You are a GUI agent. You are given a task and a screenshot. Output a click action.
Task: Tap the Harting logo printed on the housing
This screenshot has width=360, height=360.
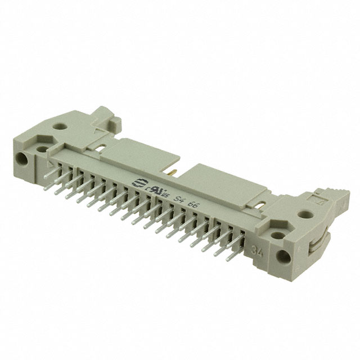(x=137, y=183)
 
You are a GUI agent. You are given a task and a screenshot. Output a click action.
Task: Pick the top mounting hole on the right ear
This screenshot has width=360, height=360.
(x=306, y=214)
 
